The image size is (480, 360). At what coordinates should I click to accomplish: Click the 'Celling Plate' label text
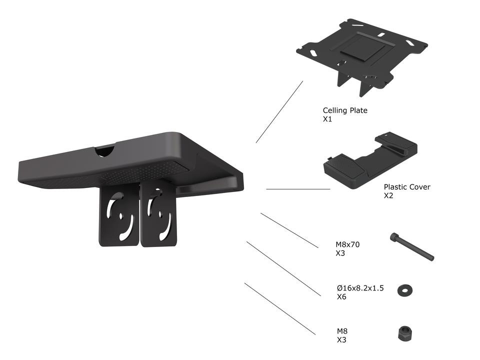tap(345, 110)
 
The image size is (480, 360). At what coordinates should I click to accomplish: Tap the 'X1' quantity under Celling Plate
tap(327, 119)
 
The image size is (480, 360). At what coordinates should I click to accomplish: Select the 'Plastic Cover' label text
tap(407, 186)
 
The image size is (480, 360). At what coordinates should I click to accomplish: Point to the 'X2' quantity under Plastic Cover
tap(388, 196)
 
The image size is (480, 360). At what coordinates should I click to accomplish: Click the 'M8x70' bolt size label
tap(347, 244)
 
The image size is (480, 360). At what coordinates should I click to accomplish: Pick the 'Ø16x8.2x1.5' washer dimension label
tap(360, 288)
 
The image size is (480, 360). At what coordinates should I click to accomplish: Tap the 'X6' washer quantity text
tap(341, 297)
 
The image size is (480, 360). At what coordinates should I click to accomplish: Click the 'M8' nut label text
tap(342, 331)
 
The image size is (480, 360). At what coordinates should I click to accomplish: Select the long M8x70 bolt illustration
tap(412, 246)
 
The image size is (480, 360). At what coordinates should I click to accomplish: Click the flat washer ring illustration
tap(404, 290)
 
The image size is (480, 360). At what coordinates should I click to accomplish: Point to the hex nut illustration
tap(404, 333)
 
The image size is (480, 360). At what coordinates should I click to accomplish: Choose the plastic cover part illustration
tap(370, 160)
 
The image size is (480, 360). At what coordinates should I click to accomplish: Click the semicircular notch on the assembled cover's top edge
tap(104, 151)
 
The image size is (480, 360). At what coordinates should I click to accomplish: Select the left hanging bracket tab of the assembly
tap(119, 215)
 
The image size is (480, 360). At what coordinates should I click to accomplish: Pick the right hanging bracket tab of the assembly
tap(158, 214)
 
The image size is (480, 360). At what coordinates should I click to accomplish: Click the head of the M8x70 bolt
tap(393, 237)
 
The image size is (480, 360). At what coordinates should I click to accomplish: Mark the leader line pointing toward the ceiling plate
tap(279, 112)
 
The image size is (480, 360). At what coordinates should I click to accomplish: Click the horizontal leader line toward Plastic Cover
tap(298, 189)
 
